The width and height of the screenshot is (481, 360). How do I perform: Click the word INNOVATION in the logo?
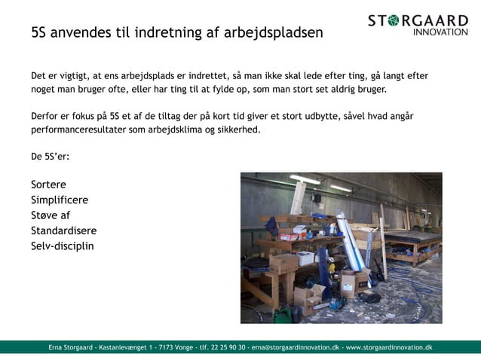coord(440,32)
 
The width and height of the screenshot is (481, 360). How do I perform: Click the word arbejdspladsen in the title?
coord(274,33)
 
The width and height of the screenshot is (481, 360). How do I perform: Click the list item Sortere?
coord(48,185)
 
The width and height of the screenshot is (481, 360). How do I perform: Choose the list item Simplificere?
coord(60,200)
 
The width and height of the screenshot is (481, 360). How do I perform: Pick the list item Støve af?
coord(51,215)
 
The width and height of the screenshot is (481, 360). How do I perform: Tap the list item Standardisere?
coord(63,230)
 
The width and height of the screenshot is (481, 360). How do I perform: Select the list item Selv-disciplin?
coord(63,246)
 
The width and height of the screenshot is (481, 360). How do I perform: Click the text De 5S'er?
coord(50,157)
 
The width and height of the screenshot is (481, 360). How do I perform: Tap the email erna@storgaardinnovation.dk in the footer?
coord(295,347)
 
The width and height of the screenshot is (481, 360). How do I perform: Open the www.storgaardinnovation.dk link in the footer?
coord(388,347)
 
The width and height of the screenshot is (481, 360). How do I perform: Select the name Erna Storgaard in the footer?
coord(70,347)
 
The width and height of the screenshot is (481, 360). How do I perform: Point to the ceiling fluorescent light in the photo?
coord(305,179)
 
